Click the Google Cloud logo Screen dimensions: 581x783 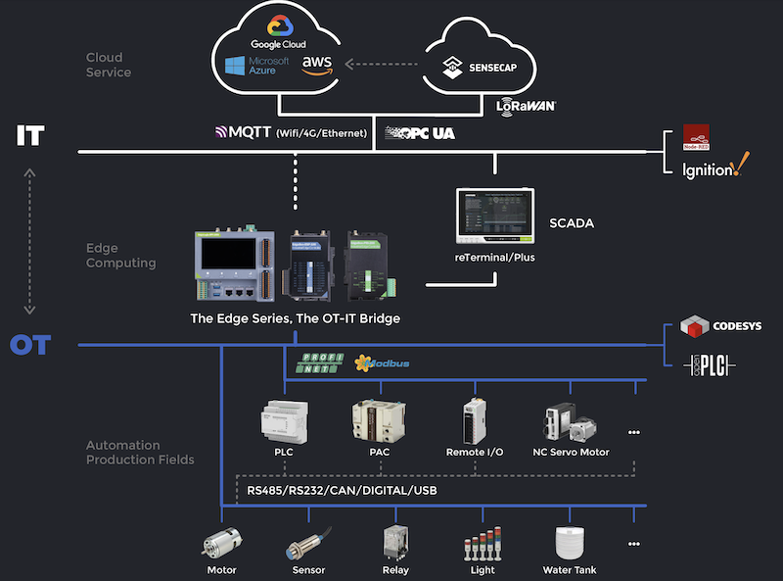(278, 31)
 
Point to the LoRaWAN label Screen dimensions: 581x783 (527, 105)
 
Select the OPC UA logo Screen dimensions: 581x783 (420, 131)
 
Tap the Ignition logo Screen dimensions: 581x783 (714, 169)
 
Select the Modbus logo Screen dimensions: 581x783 (382, 363)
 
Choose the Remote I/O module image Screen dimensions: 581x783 (475, 420)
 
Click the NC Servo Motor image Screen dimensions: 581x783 (571, 421)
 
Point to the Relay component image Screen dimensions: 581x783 (395, 541)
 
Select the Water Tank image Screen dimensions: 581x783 (569, 542)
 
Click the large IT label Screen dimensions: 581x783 (30, 135)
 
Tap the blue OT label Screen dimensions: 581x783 (29, 345)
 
